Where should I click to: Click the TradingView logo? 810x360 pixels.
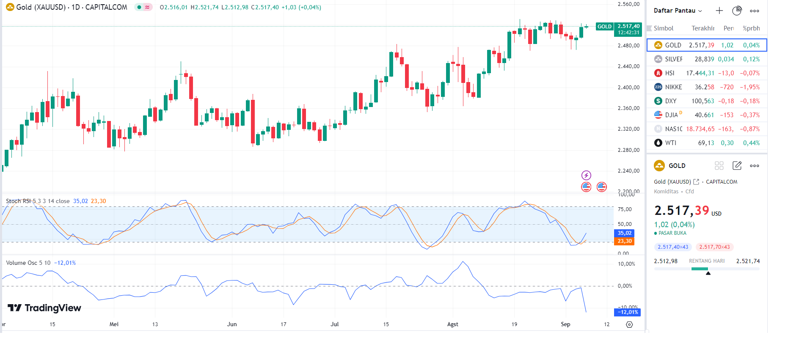click(x=44, y=308)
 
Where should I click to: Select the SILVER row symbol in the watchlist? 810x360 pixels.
click(x=673, y=59)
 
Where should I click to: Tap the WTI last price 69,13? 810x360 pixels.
click(x=706, y=143)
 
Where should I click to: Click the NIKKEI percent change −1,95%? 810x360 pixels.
click(x=749, y=87)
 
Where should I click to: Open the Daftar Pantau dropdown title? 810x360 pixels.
click(x=678, y=11)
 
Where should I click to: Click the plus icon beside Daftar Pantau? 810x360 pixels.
click(x=719, y=11)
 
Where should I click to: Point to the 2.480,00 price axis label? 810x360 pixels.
click(x=628, y=46)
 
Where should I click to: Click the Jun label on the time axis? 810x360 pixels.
click(x=232, y=324)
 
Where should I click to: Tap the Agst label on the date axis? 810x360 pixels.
click(x=452, y=324)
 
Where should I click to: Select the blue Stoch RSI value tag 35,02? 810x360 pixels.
click(x=624, y=233)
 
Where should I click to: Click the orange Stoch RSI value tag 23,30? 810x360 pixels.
click(x=624, y=241)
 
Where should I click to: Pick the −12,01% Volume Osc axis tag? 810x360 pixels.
click(x=627, y=312)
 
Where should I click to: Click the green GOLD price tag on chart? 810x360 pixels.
click(x=604, y=27)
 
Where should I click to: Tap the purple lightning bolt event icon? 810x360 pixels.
click(x=586, y=175)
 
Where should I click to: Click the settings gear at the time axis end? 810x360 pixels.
click(x=629, y=324)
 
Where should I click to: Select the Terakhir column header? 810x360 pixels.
click(x=703, y=28)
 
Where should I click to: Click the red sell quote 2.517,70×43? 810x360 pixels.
click(x=714, y=247)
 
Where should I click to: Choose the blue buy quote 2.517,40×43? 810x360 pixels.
click(x=673, y=247)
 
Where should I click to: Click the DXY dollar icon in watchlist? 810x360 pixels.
click(x=658, y=101)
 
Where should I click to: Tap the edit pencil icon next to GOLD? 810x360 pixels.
click(x=737, y=166)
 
